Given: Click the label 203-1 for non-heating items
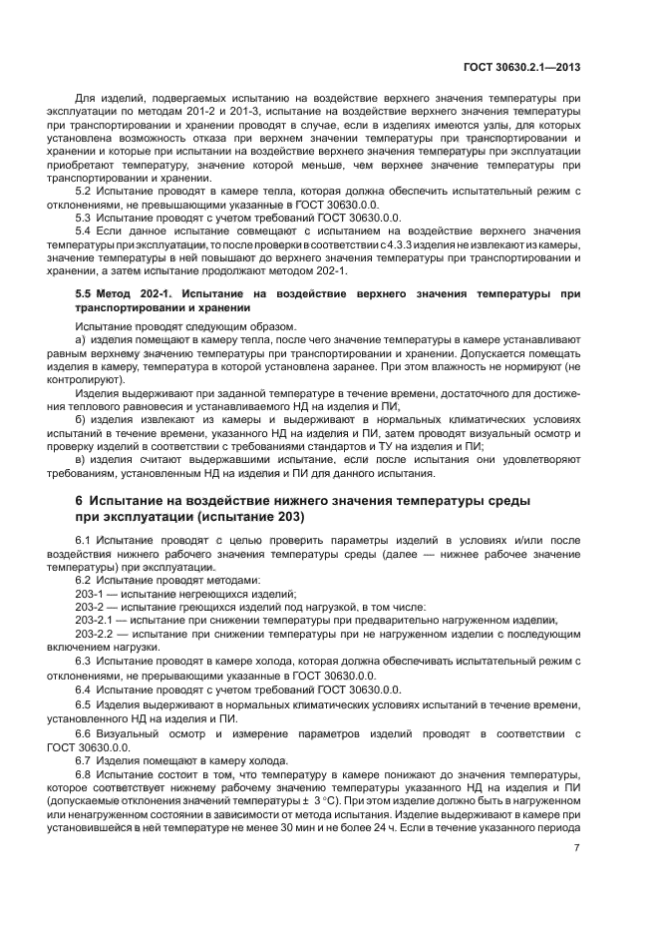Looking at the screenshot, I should (91, 592).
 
